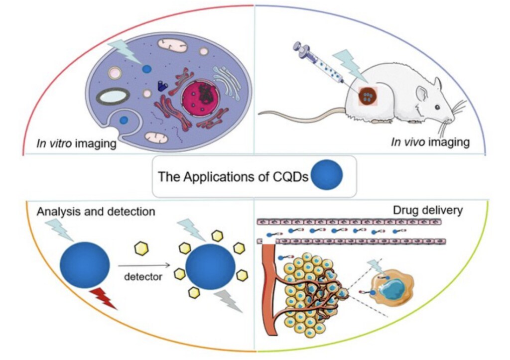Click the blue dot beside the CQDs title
coord(327,175)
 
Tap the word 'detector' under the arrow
coord(143,277)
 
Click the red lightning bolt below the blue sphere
coord(104,298)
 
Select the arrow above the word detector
coord(144,265)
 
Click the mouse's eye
coord(437,107)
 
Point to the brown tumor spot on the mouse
coord(368,96)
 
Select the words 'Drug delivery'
coord(428,211)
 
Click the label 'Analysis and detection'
coord(96,212)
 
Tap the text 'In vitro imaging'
coord(76,143)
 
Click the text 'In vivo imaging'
coord(430,142)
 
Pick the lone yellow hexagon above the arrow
coord(141,248)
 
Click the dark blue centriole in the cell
coord(163,86)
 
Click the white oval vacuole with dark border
coord(113,96)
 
